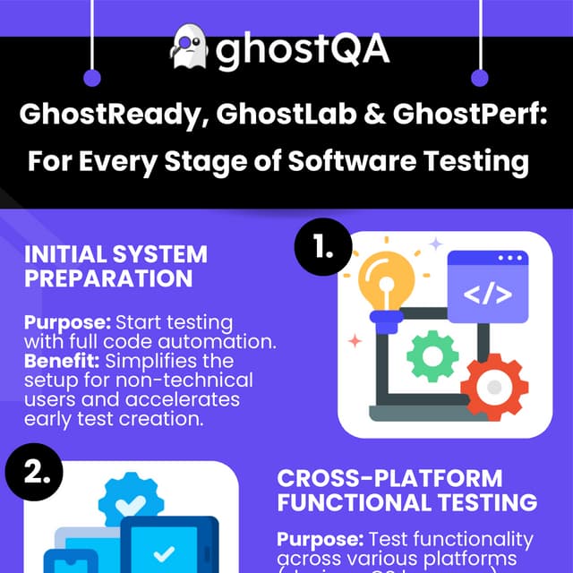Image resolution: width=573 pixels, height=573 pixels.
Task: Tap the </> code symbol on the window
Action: pos(487,294)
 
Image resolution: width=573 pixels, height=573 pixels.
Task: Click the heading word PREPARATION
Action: pos(108,278)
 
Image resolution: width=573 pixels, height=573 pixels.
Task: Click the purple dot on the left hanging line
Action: pos(90,78)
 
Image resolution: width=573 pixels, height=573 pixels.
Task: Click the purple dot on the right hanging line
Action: pos(480,78)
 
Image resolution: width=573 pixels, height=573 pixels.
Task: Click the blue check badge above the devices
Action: pos(131,498)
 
